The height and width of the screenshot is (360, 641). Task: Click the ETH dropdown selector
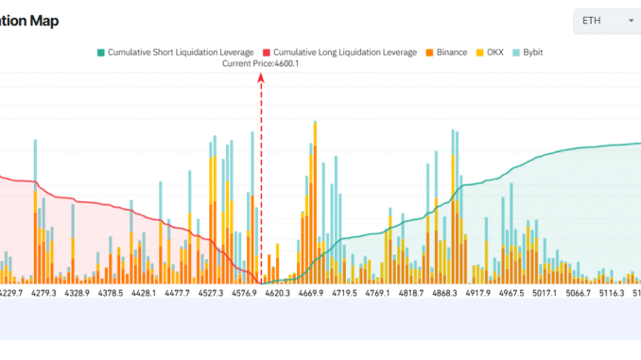[606, 21]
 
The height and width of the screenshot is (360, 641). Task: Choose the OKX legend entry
[495, 52]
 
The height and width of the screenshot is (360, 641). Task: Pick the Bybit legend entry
[538, 52]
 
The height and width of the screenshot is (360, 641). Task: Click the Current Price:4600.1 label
[260, 63]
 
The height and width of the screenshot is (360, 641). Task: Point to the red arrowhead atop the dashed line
[260, 82]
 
